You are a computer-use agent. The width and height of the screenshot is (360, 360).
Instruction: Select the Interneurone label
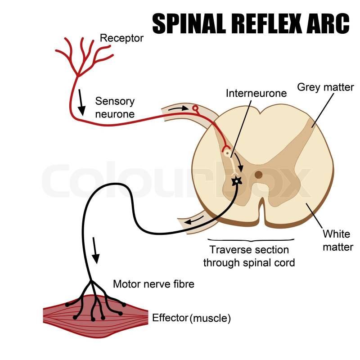tap(256, 93)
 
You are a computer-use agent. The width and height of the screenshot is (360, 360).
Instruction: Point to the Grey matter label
tap(325, 87)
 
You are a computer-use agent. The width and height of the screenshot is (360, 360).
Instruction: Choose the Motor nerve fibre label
tap(153, 284)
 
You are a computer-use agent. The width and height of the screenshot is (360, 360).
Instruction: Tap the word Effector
tap(170, 318)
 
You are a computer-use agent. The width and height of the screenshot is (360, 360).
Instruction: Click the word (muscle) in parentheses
tap(210, 318)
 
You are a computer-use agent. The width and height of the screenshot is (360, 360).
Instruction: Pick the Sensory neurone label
tap(114, 108)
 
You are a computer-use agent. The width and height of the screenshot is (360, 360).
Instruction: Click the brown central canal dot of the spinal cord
tap(259, 175)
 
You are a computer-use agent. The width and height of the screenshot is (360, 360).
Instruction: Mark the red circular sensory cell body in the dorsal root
tap(195, 108)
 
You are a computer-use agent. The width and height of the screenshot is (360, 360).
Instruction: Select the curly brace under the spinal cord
tap(251, 238)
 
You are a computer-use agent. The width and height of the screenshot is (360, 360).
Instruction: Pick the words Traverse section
tap(249, 249)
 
